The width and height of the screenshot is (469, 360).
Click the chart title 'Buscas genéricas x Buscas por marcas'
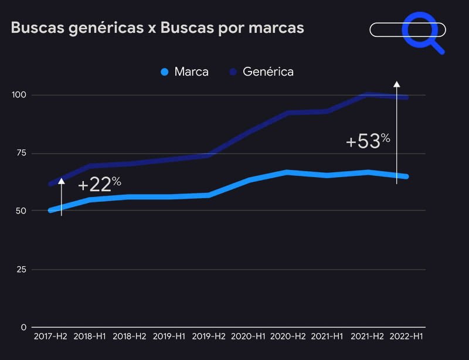(157, 28)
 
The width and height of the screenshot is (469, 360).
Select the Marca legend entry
(185, 72)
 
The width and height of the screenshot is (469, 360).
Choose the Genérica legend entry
(261, 72)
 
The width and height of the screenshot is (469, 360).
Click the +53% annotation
(368, 141)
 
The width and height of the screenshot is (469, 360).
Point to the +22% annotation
(99, 185)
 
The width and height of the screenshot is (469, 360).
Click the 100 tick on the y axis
(21, 95)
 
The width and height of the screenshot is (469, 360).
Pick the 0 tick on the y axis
(24, 327)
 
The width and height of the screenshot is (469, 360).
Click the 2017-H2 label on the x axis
(50, 337)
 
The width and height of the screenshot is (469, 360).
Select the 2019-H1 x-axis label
(169, 337)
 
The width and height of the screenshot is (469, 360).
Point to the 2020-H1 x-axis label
(248, 337)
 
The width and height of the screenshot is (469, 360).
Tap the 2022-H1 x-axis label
(406, 337)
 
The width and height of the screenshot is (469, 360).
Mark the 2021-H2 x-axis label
(367, 337)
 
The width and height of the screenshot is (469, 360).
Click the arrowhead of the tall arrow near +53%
(396, 84)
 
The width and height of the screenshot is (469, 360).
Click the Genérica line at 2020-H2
(287, 113)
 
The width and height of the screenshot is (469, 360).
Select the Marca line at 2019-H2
(209, 195)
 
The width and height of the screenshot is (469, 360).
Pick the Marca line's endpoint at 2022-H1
(406, 176)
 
